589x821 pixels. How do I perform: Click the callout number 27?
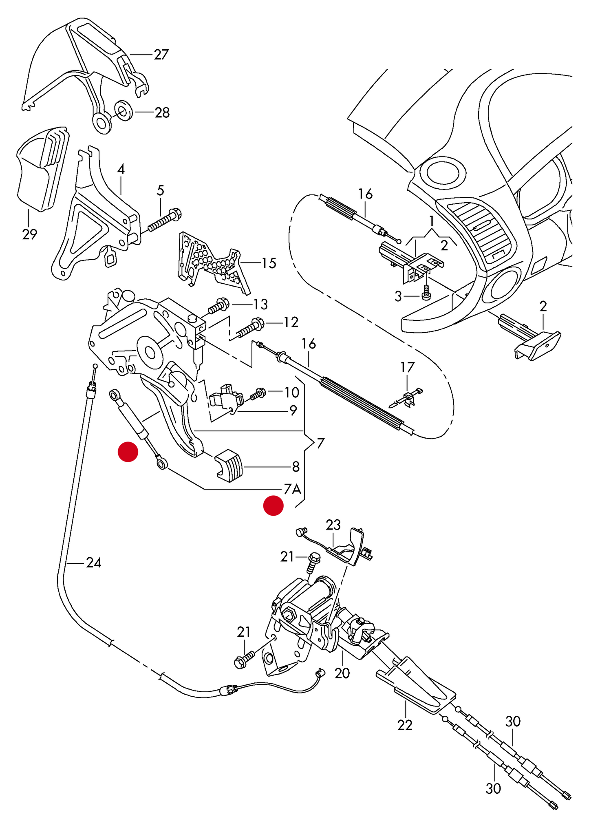[x=161, y=55]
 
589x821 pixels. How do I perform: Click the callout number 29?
[x=29, y=234]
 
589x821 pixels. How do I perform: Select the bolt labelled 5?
[x=164, y=220]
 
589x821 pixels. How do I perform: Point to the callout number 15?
[x=269, y=263]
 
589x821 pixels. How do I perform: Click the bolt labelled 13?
[x=219, y=306]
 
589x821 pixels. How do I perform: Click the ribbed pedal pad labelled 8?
[x=229, y=466]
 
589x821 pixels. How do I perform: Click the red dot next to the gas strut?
[x=128, y=452]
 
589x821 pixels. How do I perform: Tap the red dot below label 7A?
[x=273, y=505]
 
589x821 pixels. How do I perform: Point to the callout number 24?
[x=93, y=563]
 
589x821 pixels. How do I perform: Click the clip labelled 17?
[x=408, y=399]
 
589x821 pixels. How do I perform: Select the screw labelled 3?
[x=426, y=294]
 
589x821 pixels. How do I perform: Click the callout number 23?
[x=333, y=525]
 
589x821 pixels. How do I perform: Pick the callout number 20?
[x=342, y=673]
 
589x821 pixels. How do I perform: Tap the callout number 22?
[x=404, y=725]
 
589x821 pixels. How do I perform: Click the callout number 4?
[x=121, y=169]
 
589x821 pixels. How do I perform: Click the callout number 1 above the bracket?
[x=431, y=221]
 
